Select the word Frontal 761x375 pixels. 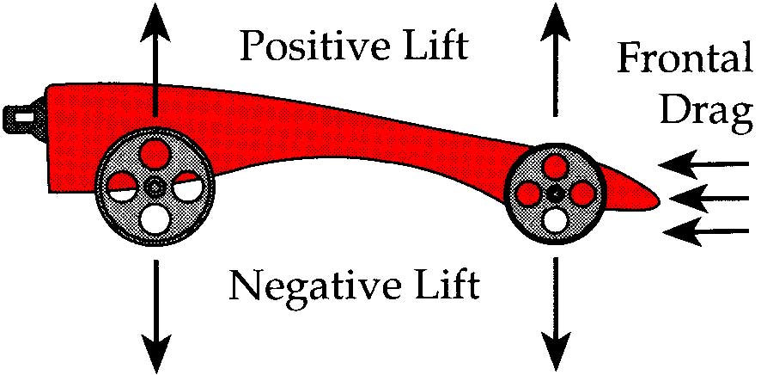(684, 60)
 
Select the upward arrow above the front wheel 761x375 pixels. (555, 60)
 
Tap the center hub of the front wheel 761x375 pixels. (556, 194)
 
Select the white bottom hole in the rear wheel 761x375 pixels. (155, 217)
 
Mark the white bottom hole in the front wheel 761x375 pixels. (556, 219)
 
